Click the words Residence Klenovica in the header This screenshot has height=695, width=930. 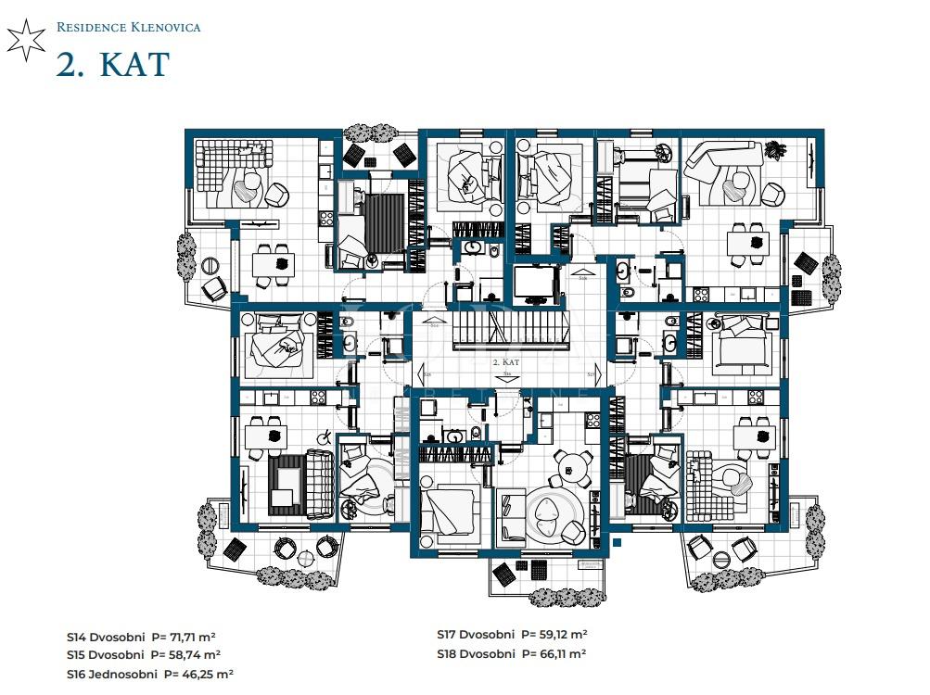pos(128,27)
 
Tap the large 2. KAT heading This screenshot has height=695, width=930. pos(112,63)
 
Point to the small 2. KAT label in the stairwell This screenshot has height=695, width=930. pos(505,362)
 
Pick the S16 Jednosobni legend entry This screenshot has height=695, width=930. pos(149,674)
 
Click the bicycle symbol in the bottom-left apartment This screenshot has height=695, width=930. pos(325,437)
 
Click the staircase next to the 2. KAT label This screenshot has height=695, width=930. pos(505,330)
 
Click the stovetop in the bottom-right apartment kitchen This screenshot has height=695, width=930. pos(754,398)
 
